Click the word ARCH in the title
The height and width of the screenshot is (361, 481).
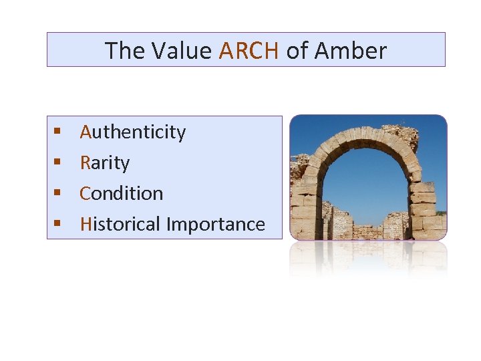pyautogui.click(x=248, y=51)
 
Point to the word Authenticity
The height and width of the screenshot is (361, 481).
pyautogui.click(x=132, y=132)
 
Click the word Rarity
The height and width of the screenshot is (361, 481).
pyautogui.click(x=105, y=163)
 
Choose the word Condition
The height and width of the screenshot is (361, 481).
pyautogui.click(x=122, y=194)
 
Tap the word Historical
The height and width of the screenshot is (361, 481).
pyautogui.click(x=120, y=225)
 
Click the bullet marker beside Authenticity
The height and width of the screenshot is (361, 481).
pyautogui.click(x=58, y=132)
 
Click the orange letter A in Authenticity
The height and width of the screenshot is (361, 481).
pyautogui.click(x=86, y=132)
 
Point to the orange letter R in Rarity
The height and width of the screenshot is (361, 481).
pyautogui.click(x=85, y=163)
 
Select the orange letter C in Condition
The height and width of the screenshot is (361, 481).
pyautogui.click(x=85, y=194)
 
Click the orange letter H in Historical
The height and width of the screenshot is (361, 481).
pyautogui.click(x=86, y=225)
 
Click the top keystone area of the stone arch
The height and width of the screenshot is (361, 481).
pyautogui.click(x=361, y=130)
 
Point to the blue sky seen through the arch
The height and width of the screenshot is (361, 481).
pyautogui.click(x=364, y=180)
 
